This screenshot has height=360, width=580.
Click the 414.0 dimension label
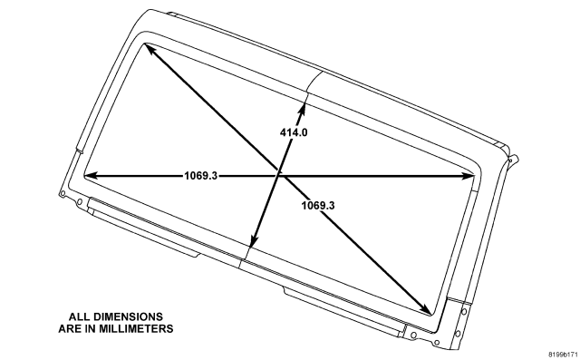(x=294, y=132)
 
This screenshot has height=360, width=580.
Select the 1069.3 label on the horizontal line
(x=201, y=175)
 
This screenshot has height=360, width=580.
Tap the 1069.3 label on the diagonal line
(x=318, y=205)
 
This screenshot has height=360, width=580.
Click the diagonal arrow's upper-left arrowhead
(x=149, y=48)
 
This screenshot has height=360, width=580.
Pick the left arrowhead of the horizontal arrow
(x=91, y=175)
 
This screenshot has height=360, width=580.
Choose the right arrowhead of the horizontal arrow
(x=468, y=177)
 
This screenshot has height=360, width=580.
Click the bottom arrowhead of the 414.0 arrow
(x=253, y=241)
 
